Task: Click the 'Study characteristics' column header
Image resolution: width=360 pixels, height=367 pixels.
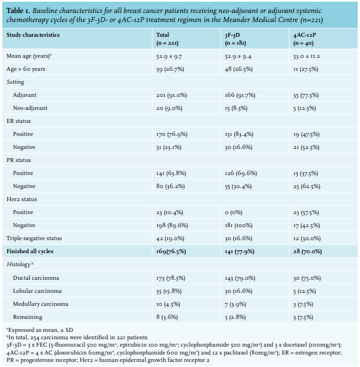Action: (33, 35)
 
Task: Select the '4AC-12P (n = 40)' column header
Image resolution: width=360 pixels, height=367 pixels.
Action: (304, 39)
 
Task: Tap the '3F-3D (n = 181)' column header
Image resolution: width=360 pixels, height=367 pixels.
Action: (235, 39)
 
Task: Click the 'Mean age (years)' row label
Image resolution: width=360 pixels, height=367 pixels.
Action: (29, 56)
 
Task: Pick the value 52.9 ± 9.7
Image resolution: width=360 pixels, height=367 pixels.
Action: (169, 56)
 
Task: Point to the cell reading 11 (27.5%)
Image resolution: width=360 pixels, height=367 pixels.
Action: (306, 69)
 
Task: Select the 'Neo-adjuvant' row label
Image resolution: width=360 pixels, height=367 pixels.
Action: (30, 108)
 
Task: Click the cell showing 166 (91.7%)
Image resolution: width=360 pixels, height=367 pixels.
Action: (240, 95)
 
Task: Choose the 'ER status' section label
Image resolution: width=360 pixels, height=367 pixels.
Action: (19, 121)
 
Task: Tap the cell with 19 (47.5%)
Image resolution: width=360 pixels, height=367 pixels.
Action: (306, 134)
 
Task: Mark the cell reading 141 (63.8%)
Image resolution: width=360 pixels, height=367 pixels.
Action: (171, 173)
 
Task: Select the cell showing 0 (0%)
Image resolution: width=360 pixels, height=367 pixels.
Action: (233, 212)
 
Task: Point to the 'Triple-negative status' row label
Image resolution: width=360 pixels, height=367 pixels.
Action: (34, 238)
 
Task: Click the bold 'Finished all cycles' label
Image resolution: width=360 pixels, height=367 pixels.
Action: (29, 251)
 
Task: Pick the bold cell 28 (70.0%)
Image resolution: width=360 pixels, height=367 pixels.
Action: (307, 251)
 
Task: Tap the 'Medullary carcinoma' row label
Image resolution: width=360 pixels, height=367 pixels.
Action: (40, 304)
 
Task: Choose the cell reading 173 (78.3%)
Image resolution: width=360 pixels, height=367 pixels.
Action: (171, 278)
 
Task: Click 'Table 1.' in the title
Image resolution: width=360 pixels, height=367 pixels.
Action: (18, 11)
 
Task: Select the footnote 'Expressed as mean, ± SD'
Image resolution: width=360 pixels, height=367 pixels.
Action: (40, 330)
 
